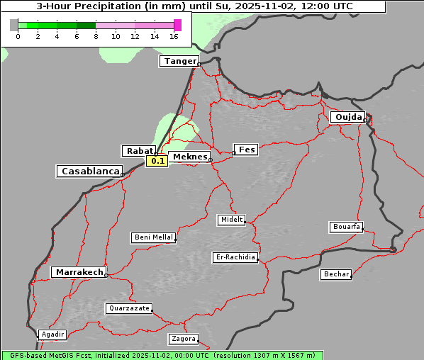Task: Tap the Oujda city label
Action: click(347, 117)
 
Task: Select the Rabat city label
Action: click(138, 151)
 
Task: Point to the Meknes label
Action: click(189, 157)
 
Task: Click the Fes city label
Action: click(246, 150)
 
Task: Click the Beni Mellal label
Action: click(152, 237)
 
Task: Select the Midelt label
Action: click(231, 220)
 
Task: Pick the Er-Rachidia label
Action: click(235, 257)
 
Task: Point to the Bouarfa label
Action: click(347, 227)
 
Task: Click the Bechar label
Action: click(336, 274)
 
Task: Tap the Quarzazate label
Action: click(128, 308)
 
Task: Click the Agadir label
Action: click(52, 334)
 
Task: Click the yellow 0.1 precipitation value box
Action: click(157, 161)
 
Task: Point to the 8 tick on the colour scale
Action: click(96, 35)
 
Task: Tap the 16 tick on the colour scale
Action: click(174, 35)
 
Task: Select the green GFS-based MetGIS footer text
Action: click(162, 355)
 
